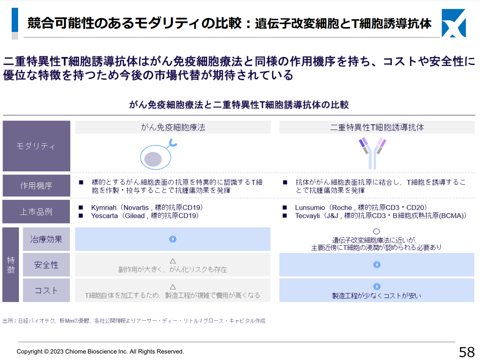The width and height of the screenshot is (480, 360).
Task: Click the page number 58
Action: [467, 351]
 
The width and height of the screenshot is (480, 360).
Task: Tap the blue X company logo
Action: [454, 23]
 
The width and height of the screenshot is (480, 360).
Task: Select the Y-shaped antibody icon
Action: [372, 153]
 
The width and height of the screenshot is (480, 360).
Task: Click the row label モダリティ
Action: [36, 146]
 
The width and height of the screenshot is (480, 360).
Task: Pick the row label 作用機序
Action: [36, 186]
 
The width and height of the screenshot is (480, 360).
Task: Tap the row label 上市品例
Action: [36, 212]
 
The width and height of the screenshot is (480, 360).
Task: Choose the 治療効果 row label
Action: [46, 239]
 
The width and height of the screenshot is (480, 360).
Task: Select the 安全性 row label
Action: [46, 265]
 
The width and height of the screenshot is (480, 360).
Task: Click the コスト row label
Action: [46, 291]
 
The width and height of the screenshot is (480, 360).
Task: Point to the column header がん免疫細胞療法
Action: [173, 127]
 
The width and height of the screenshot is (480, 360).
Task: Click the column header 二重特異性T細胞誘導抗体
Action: [377, 127]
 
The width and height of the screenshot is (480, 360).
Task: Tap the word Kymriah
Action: [104, 208]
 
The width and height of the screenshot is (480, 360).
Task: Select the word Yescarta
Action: [104, 216]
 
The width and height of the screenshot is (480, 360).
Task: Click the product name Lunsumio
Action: [310, 208]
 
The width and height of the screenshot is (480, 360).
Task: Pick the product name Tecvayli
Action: [307, 216]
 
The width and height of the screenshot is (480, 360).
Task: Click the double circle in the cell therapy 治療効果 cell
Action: [173, 239]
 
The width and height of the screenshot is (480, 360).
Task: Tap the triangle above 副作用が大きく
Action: [173, 261]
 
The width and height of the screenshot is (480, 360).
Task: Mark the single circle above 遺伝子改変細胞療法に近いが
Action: [376, 232]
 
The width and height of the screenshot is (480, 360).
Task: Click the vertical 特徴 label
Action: [11, 265]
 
